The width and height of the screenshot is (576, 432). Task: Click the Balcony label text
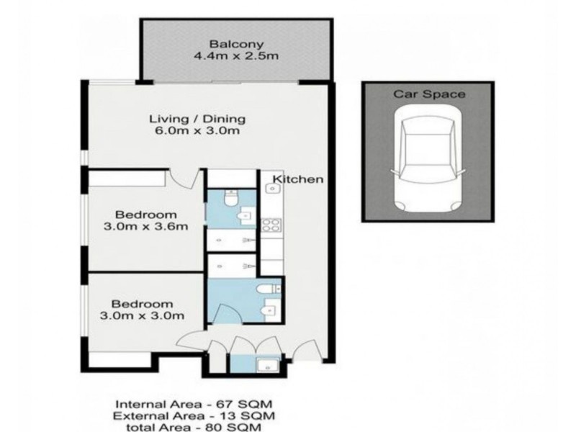[237, 44]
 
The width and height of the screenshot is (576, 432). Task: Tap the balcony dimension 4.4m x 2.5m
[236, 56]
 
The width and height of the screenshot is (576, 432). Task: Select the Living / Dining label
[197, 119]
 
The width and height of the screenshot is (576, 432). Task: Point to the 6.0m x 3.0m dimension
[197, 131]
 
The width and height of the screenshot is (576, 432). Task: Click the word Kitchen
[298, 179]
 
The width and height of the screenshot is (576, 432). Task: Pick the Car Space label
[429, 94]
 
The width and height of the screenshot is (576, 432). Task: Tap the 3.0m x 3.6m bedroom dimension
[146, 227]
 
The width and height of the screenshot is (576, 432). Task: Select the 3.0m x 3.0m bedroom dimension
[142, 316]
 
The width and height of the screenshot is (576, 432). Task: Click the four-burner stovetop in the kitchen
[271, 225]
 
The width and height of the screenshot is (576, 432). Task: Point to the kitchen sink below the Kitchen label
[272, 189]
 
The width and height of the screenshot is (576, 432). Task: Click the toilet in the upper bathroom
[230, 199]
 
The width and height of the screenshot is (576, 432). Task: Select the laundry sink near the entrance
[268, 366]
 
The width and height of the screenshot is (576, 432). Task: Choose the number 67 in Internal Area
[224, 405]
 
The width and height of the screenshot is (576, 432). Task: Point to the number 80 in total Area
[214, 427]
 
